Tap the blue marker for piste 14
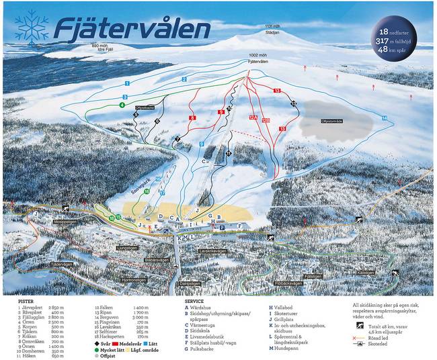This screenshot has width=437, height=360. tap(385, 118)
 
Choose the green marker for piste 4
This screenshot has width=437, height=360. tap(122, 105)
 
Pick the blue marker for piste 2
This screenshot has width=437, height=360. tap(184, 79)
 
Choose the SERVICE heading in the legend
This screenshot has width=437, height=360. tap(194, 301)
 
